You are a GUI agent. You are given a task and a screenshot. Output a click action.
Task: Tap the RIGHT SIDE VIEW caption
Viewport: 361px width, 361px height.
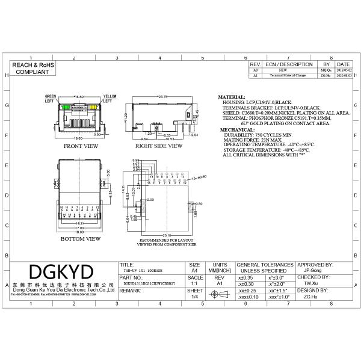(x=159, y=146)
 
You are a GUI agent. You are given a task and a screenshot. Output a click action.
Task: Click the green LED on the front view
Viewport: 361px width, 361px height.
(x=66, y=107)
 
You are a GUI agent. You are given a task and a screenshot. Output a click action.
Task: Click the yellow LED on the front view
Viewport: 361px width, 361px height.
(x=94, y=107)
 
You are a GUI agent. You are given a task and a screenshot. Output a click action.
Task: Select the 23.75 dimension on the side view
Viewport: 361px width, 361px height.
(x=162, y=96)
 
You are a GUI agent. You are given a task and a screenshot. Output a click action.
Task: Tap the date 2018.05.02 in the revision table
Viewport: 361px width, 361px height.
(x=343, y=70)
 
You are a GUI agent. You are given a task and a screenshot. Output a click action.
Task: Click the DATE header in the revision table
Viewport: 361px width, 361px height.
(x=343, y=64)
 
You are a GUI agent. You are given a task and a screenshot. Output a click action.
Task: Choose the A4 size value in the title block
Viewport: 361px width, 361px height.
(x=194, y=271)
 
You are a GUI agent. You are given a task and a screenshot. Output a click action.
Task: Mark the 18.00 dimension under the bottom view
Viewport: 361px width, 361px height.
(x=79, y=232)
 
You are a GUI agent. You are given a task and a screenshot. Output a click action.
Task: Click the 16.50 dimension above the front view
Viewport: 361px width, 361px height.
(x=79, y=96)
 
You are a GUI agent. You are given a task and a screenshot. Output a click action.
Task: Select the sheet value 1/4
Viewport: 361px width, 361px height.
(x=194, y=297)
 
